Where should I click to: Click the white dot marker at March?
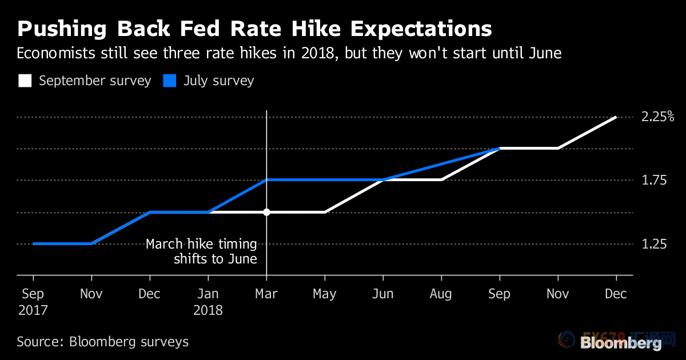pos(266,212)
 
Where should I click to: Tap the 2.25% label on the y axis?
pos(658,117)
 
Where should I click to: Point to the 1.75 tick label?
pos(655,181)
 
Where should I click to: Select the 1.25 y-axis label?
pos(655,244)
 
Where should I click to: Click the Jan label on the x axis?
pos(208,294)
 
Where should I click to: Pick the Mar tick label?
pos(266,294)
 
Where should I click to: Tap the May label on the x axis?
pos(325,294)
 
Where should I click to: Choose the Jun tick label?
pos(383,294)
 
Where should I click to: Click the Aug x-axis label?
pos(441,294)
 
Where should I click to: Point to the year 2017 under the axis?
pos(33,310)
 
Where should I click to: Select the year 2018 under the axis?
pos(208,310)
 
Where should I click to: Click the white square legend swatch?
pos(25,81)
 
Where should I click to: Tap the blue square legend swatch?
pos(169,81)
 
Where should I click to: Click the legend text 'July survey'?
pos(218,81)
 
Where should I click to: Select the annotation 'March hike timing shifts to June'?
pos(201,251)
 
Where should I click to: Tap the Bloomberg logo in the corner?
pos(621,343)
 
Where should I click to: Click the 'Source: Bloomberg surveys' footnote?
pos(102,342)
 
